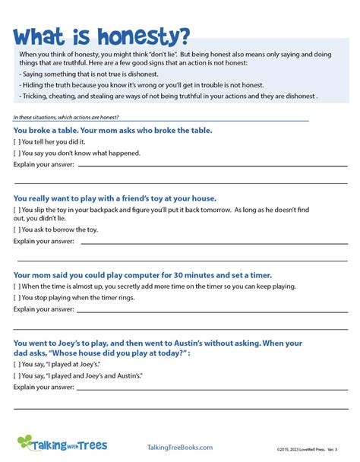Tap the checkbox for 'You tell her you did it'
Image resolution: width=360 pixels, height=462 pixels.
point(17,141)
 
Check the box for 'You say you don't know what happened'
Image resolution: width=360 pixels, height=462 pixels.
point(17,153)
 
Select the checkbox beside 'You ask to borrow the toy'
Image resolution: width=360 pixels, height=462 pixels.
point(17,229)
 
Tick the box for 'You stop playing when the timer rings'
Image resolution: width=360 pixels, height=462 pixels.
point(17,298)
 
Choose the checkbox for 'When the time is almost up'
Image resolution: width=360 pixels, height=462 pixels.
point(17,286)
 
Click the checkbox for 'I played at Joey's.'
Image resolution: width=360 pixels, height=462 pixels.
point(17,365)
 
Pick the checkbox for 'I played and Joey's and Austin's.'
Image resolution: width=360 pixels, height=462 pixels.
point(17,376)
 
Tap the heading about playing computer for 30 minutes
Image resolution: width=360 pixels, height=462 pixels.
point(143,274)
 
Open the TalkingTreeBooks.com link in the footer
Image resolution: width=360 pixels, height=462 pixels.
point(180,448)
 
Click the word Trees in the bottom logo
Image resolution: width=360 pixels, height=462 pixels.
point(90,445)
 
